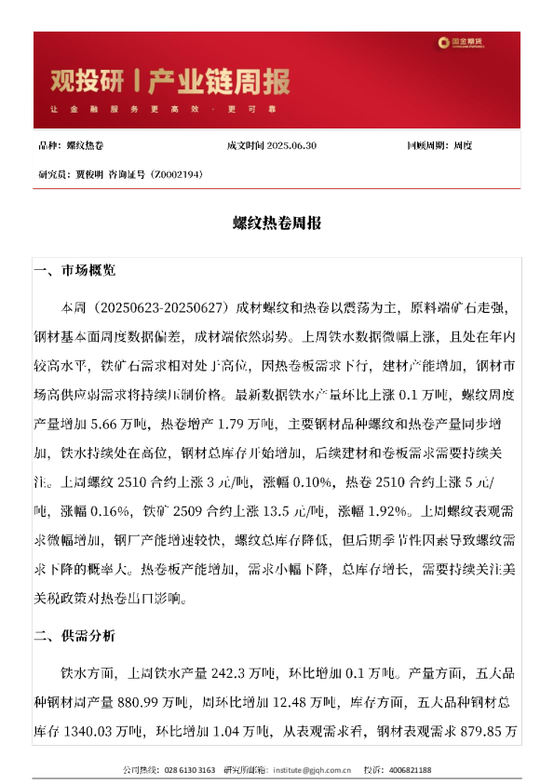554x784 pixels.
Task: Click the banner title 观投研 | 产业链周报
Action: [169, 82]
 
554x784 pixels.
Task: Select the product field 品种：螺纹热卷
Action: [72, 146]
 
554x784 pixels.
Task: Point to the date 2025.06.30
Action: [291, 146]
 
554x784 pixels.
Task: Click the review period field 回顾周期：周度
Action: [439, 146]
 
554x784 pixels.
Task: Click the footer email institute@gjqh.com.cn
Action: [312, 771]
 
